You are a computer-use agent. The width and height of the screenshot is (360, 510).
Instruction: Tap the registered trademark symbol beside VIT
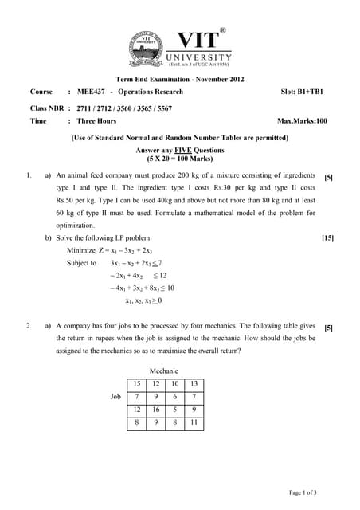point(222,31)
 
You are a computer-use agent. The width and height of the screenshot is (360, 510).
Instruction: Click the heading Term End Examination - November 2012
point(180,79)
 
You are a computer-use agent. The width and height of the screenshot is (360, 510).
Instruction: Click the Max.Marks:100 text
point(302,121)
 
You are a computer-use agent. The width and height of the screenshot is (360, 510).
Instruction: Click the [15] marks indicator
point(327,238)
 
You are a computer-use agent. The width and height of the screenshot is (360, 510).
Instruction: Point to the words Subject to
point(82,263)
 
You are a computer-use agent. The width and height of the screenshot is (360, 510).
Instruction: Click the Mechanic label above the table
point(164,371)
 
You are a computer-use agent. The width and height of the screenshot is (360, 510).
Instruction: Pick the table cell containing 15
point(138,384)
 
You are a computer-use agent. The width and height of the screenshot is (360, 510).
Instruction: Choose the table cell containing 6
point(175,397)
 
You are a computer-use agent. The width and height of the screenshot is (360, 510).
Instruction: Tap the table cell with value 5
point(175,410)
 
